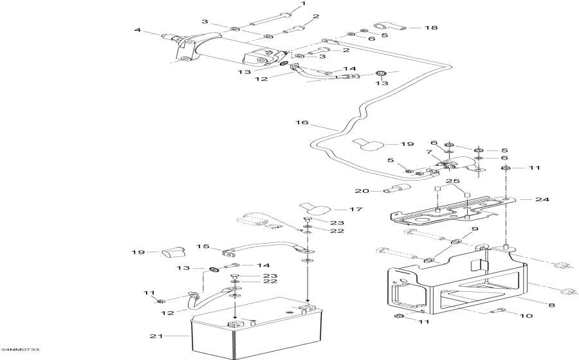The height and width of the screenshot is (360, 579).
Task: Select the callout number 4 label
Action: pos(137,30)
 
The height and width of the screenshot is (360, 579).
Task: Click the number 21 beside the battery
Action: pos(153,336)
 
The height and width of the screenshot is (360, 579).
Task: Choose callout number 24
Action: pos(544,199)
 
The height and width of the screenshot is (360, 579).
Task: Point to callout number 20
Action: pos(360,190)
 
